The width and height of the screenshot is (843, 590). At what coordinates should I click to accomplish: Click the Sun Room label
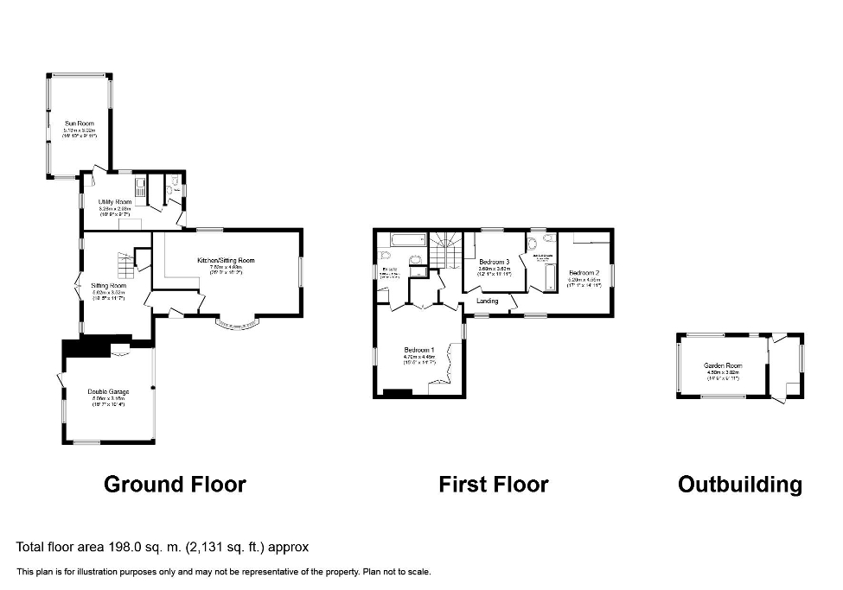[x=80, y=124]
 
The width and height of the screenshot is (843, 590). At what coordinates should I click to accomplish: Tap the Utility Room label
[x=115, y=202]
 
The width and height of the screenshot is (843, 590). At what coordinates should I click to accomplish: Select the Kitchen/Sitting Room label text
[x=226, y=261]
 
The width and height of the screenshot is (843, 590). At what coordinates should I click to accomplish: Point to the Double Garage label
[x=108, y=392]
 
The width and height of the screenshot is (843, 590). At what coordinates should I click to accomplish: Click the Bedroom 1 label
[x=419, y=351]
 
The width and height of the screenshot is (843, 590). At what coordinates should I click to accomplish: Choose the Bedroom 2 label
[x=584, y=273]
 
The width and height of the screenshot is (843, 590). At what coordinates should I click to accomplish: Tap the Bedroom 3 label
[x=495, y=262]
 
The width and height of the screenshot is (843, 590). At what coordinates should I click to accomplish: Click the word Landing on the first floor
[x=487, y=301]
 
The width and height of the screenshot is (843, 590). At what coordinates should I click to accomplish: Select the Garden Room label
[x=723, y=366]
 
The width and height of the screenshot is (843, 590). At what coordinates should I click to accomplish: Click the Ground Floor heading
[x=175, y=485]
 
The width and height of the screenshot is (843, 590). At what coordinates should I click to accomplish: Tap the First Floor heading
[x=493, y=485]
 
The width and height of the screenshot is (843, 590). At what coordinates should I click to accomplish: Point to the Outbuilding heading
[x=739, y=485]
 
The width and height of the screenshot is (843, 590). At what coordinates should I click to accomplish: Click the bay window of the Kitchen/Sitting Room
[x=237, y=326]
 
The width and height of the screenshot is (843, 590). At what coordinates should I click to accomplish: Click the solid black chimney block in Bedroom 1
[x=398, y=394]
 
